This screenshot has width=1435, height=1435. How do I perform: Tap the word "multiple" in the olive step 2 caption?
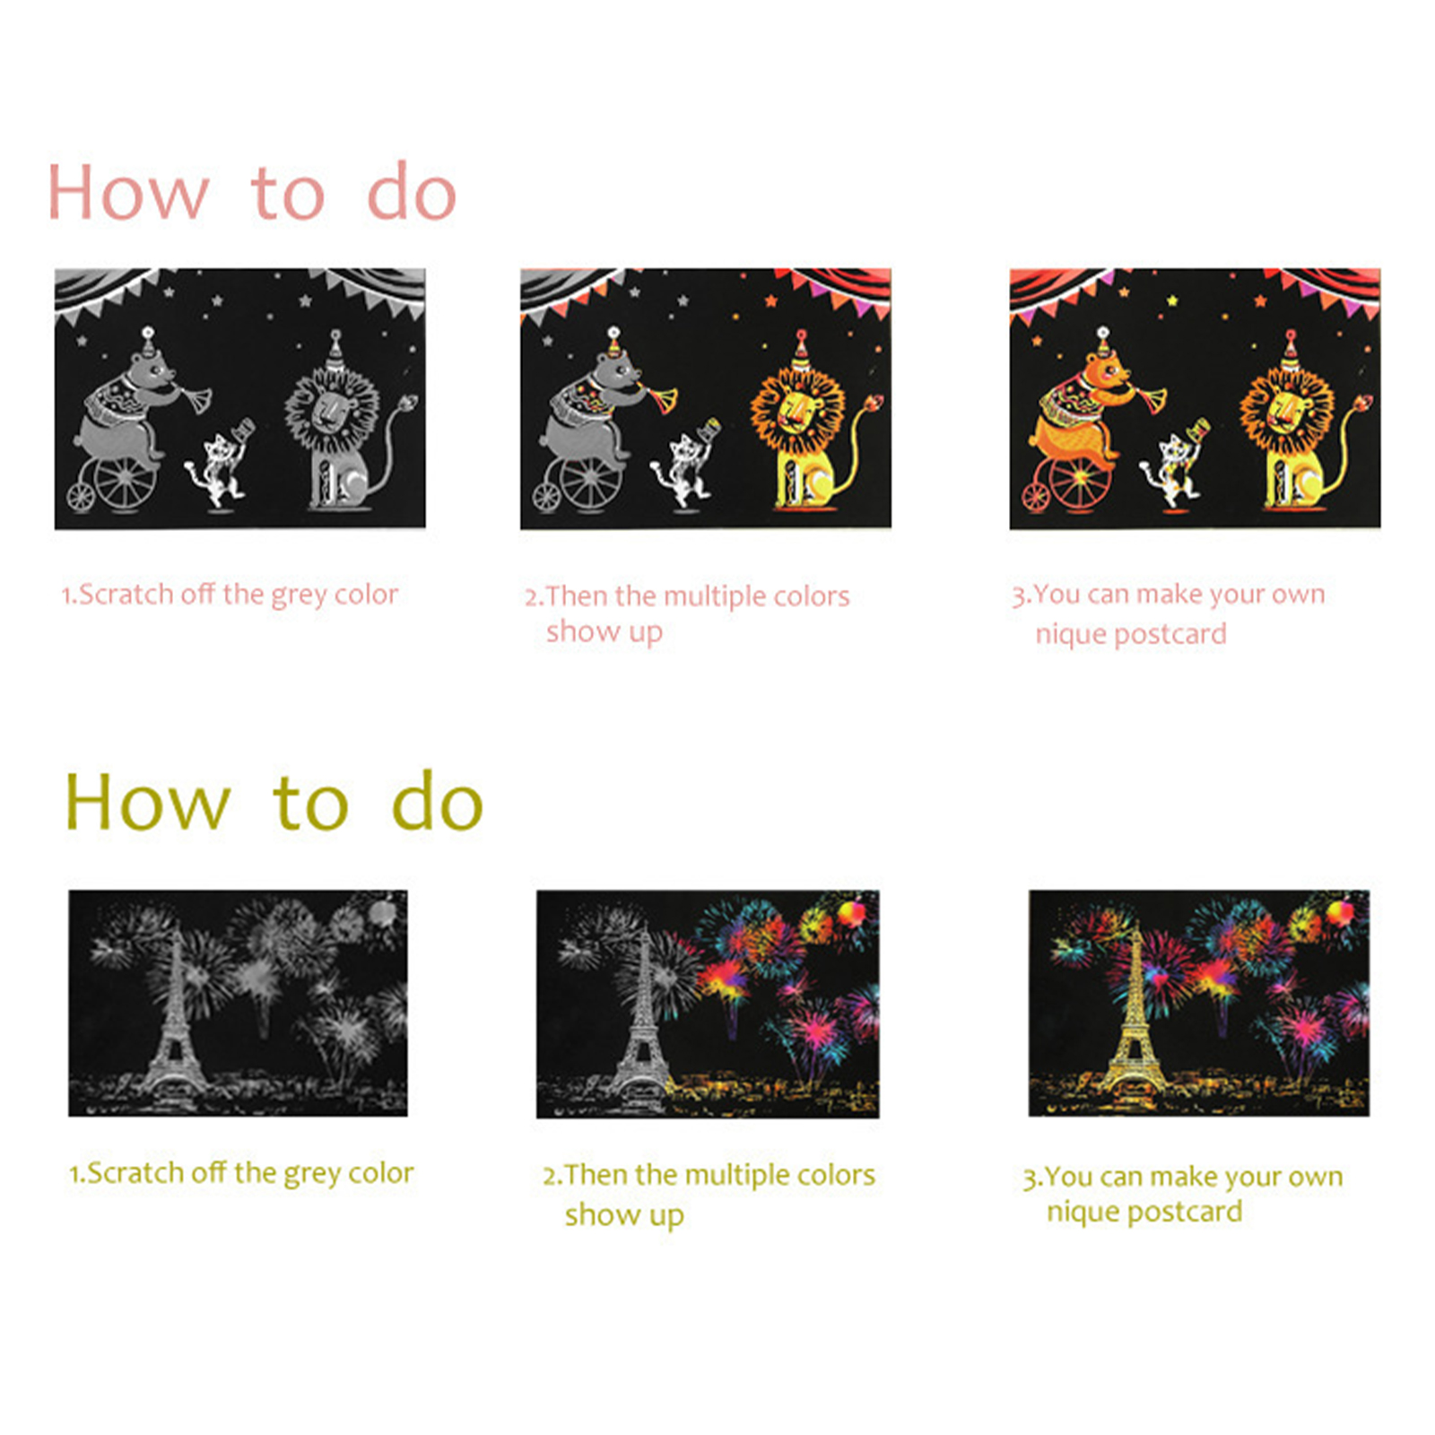click(744, 1175)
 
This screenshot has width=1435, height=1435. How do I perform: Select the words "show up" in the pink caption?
click(604, 632)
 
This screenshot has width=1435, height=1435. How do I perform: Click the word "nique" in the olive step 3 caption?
click(1083, 1213)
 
